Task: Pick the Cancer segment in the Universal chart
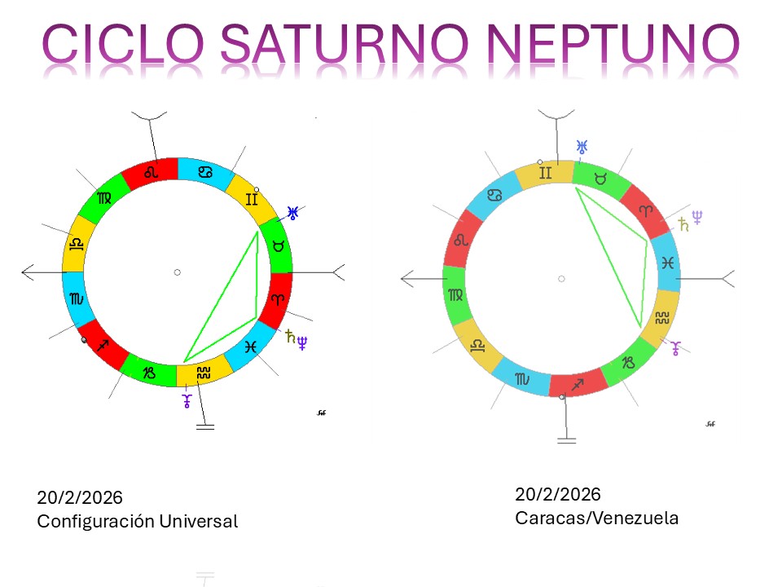click(205, 172)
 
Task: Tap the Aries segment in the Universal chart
click(279, 298)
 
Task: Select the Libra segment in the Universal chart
click(77, 244)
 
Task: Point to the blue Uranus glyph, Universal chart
click(292, 213)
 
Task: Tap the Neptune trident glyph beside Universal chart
click(301, 343)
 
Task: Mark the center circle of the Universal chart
click(177, 272)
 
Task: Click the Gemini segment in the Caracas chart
click(545, 174)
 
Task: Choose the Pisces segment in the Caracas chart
click(667, 263)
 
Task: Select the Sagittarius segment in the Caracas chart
click(578, 384)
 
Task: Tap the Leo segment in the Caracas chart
click(461, 240)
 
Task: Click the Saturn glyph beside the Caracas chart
click(683, 225)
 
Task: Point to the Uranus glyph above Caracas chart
click(582, 147)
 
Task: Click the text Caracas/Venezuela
click(596, 519)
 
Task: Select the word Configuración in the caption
click(96, 522)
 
